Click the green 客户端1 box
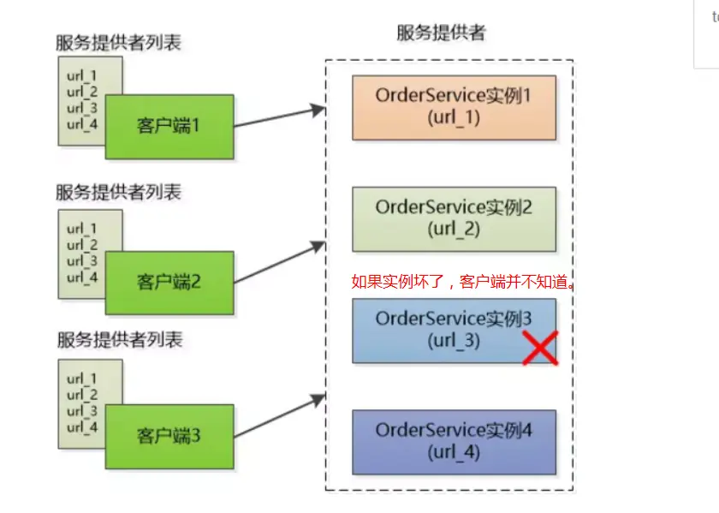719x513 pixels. (x=169, y=127)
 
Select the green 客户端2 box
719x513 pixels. (x=169, y=282)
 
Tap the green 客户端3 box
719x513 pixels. (x=169, y=437)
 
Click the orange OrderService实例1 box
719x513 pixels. (x=454, y=107)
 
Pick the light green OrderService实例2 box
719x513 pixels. (x=454, y=219)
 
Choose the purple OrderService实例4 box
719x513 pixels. (x=454, y=442)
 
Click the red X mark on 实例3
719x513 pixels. (x=540, y=348)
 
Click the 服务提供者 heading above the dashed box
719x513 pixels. (x=441, y=33)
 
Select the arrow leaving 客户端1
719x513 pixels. (x=279, y=117)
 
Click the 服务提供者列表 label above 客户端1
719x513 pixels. (x=119, y=44)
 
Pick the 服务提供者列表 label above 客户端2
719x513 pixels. (x=119, y=192)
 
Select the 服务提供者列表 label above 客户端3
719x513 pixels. (x=119, y=340)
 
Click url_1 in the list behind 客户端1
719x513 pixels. (x=82, y=75)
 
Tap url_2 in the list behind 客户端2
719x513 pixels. (x=82, y=245)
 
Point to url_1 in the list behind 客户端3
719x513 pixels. (x=82, y=378)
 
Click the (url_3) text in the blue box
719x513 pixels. (x=454, y=340)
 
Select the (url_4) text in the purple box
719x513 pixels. (x=454, y=452)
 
